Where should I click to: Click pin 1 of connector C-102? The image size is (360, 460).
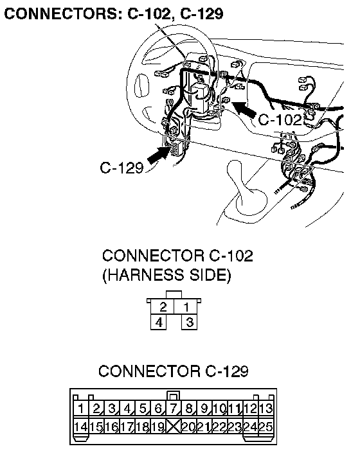coord(186,307)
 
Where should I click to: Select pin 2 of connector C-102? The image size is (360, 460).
coord(163,307)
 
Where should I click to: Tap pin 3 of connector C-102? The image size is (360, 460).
coord(190,322)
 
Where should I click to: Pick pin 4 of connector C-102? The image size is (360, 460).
coord(159,322)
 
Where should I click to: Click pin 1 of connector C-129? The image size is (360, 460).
coord(81,409)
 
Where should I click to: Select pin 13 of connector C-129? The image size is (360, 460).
coord(266,409)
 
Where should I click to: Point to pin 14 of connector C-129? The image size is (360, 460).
coord(81,426)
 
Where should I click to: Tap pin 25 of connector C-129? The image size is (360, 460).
coord(266,426)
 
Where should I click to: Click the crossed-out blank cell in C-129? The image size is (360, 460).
coord(174,426)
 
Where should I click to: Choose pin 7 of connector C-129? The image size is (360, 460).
coord(174,409)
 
